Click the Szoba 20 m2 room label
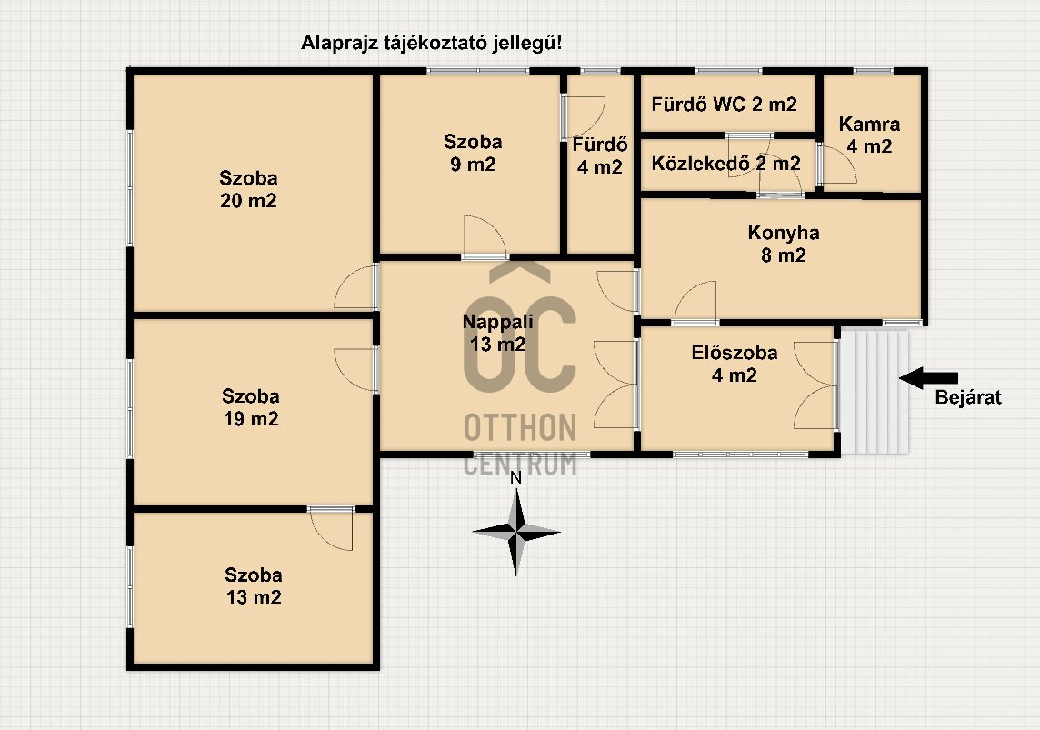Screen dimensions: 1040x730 (x=248, y=189)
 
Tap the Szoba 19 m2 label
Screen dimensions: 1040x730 (x=251, y=407)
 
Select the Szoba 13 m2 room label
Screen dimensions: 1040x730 (x=254, y=585)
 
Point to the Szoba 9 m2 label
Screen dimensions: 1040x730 (x=473, y=153)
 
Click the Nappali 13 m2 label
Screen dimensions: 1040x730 (x=497, y=333)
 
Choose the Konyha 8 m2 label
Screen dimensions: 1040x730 (x=784, y=244)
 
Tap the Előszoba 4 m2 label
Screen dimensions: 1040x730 (x=735, y=364)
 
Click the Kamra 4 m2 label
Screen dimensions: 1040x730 (x=869, y=135)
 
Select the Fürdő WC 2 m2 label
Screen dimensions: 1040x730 (x=724, y=105)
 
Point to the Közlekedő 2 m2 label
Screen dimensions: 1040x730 (x=725, y=163)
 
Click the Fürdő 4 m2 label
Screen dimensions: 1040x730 (x=600, y=155)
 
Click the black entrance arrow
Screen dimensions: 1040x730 (x=928, y=378)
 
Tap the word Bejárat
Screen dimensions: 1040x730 (x=967, y=397)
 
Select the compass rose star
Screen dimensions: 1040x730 (x=516, y=531)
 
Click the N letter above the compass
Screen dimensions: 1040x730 (x=516, y=477)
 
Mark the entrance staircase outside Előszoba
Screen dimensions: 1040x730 (x=874, y=393)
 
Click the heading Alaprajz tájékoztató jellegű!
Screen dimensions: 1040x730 (x=431, y=43)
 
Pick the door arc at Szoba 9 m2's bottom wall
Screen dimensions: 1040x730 (x=485, y=235)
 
